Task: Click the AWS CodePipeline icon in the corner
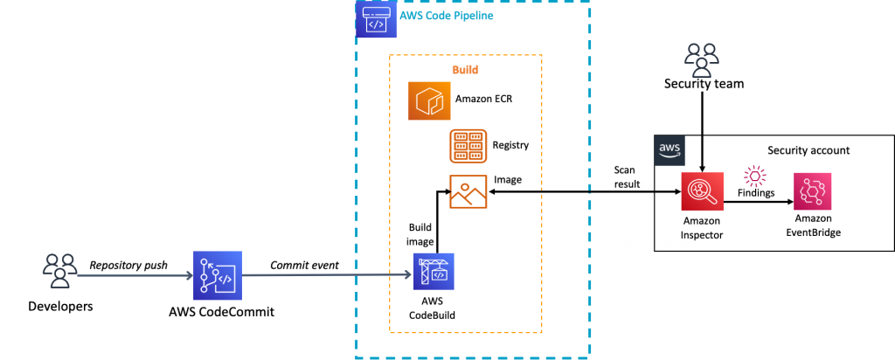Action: click(376, 18)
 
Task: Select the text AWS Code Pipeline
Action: click(446, 16)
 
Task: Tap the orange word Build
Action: click(465, 69)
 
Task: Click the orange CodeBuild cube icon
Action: click(429, 100)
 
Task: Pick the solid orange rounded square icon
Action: click(468, 145)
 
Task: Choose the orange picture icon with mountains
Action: click(468, 191)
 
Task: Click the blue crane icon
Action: click(434, 271)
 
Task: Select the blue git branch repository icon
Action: click(218, 275)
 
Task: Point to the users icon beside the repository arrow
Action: click(59, 270)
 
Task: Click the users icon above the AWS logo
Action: click(701, 60)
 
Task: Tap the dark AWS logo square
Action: click(670, 150)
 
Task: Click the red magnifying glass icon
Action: click(702, 191)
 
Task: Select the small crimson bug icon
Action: click(754, 177)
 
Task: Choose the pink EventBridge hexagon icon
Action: click(812, 191)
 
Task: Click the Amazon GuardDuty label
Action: click(655, 244)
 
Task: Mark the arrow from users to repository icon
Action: click(135, 275)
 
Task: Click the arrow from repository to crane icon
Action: click(327, 274)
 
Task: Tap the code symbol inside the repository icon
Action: click(225, 280)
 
